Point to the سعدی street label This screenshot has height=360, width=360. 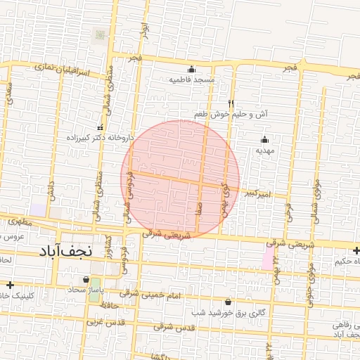pos(8,92)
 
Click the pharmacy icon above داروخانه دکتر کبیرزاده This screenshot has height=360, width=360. pos(100,128)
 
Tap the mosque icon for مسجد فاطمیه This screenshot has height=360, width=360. pos(191,69)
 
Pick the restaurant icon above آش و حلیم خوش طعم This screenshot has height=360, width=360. pos(231,103)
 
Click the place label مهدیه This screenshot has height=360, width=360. pos(264,150)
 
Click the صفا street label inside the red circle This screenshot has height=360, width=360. pos(200,207)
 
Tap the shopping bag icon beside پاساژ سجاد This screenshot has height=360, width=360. pos(86,280)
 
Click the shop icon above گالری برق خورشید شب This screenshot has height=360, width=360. pos(227,302)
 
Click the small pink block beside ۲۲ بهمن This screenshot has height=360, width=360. pos(267,259)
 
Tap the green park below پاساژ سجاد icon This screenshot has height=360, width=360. pos(94,291)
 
